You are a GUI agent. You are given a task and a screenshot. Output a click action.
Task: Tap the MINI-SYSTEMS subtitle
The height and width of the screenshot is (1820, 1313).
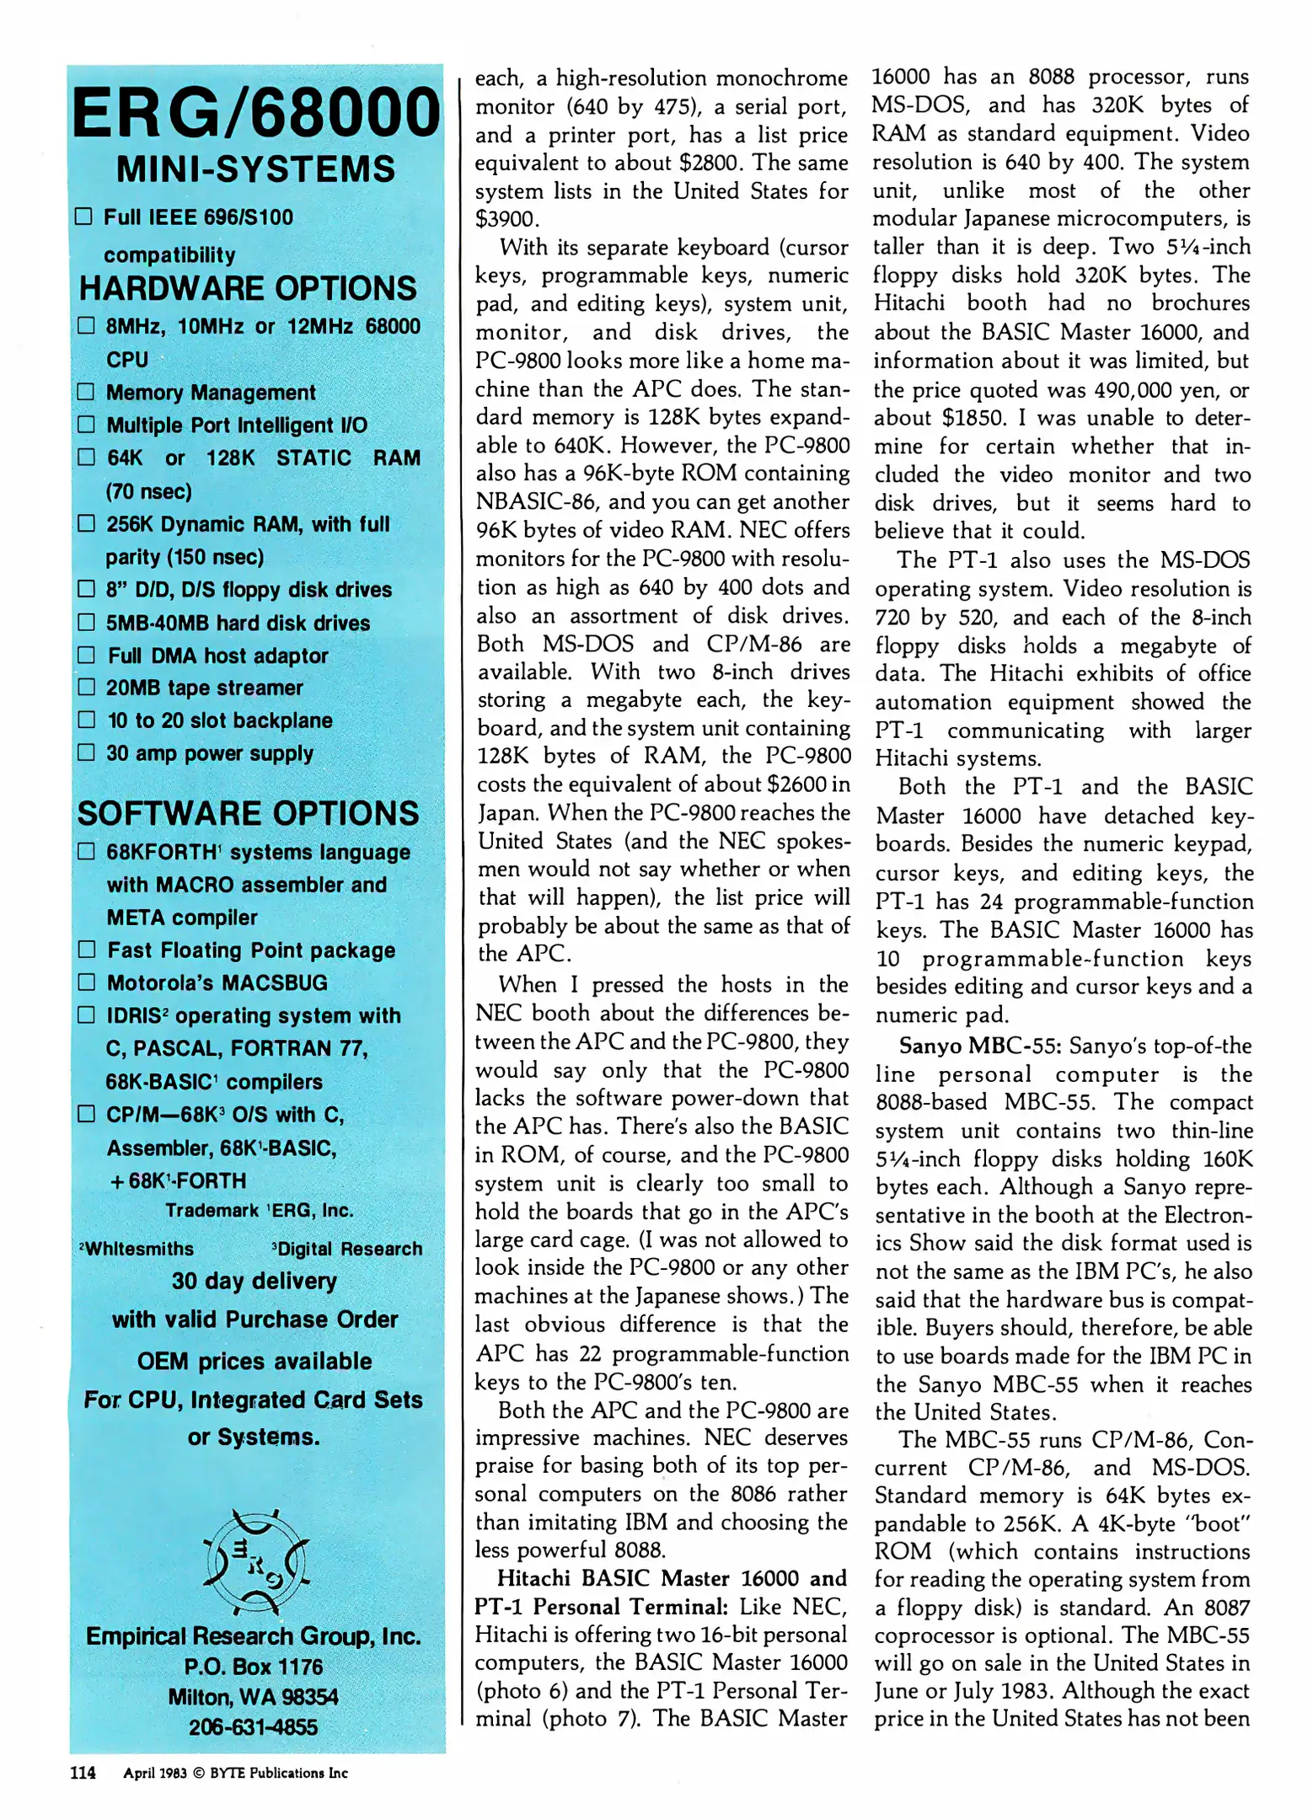pyautogui.click(x=255, y=169)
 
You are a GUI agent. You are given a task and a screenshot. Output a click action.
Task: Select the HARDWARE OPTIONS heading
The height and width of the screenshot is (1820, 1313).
pyautogui.click(x=247, y=289)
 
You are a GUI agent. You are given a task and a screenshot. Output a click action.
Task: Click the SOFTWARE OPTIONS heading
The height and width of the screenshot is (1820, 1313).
pyautogui.click(x=248, y=814)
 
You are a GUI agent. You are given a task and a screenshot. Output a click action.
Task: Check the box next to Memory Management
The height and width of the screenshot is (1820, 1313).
pyautogui.click(x=86, y=392)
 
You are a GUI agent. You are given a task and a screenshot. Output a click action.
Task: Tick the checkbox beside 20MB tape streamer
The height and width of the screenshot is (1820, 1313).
pyautogui.click(x=86, y=688)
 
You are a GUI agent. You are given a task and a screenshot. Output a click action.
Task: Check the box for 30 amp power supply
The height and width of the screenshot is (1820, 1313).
pyautogui.click(x=86, y=752)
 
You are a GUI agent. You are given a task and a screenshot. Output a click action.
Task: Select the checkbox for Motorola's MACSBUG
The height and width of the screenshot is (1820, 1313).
pyautogui.click(x=86, y=982)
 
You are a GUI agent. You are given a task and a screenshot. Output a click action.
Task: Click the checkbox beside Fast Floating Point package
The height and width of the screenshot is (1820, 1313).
pyautogui.click(x=86, y=950)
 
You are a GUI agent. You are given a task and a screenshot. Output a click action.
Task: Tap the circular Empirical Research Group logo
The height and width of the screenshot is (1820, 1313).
pyautogui.click(x=255, y=1561)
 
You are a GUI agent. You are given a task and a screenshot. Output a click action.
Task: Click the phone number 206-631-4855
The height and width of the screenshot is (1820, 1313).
pyautogui.click(x=253, y=1727)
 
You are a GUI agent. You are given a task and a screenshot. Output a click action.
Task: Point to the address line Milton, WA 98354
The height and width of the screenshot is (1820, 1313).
pyautogui.click(x=253, y=1697)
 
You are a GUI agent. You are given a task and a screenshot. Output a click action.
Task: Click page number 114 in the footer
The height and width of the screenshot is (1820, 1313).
pyautogui.click(x=83, y=1773)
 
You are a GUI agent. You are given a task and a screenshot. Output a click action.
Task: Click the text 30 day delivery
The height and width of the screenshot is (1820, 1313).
pyautogui.click(x=254, y=1282)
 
